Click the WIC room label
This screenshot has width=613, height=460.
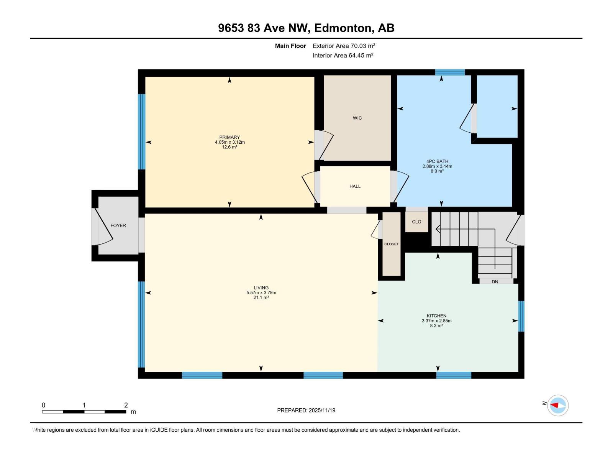click(x=357, y=118)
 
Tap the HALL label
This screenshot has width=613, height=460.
click(x=355, y=186)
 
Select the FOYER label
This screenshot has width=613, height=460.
click(x=118, y=225)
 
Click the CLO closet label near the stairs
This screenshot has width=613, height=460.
click(x=416, y=222)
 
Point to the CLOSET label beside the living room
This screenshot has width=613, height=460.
click(x=391, y=244)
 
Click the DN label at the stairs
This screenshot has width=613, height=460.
click(x=495, y=282)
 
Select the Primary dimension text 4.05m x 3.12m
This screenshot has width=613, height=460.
click(x=229, y=142)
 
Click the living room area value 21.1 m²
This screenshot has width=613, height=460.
click(x=261, y=297)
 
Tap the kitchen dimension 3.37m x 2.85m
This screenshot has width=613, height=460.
click(x=436, y=321)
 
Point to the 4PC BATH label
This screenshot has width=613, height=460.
click(x=437, y=161)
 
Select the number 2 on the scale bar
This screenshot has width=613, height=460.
click(x=126, y=405)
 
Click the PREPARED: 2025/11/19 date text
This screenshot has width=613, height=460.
click(x=306, y=410)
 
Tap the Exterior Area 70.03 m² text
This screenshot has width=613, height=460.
click(x=344, y=46)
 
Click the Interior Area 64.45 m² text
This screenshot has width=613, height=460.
click(x=343, y=55)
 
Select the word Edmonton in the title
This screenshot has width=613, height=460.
click(x=343, y=28)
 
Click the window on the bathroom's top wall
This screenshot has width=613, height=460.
click(x=450, y=72)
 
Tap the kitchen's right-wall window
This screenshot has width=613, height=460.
click(x=521, y=316)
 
